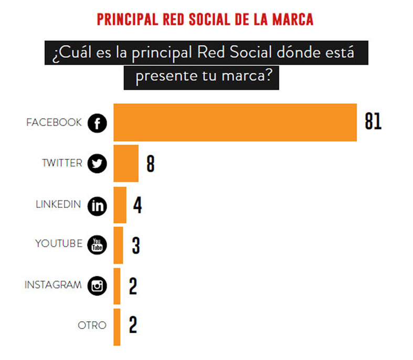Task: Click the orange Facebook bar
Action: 235,122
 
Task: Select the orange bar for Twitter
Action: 126,163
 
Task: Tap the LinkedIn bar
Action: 120,204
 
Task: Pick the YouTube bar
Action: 118,245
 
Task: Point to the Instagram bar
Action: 117,286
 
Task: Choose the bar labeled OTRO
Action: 117,326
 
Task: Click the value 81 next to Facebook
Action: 373,122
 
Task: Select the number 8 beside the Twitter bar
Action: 151,164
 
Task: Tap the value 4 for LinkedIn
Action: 137,204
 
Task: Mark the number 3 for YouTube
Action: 136,245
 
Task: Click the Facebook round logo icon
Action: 97,123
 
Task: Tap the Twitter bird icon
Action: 97,164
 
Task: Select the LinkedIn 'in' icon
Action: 97,205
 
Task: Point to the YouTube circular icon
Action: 97,245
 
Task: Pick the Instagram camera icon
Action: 97,286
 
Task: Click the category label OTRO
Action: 92,325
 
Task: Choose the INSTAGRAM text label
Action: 53,285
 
